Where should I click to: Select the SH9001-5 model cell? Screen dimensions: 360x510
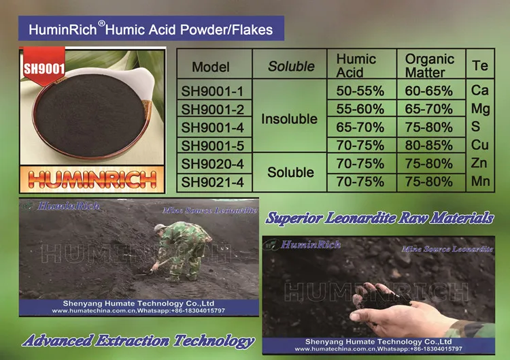212,145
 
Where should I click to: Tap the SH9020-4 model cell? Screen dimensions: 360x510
212,163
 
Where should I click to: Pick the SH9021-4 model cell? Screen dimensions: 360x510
212,181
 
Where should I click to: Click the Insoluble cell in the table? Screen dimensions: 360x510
290,118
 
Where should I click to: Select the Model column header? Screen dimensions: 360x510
211,67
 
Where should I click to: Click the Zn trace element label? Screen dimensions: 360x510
480,163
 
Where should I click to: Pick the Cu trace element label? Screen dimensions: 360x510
480,145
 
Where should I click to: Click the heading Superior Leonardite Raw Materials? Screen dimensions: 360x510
379,218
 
